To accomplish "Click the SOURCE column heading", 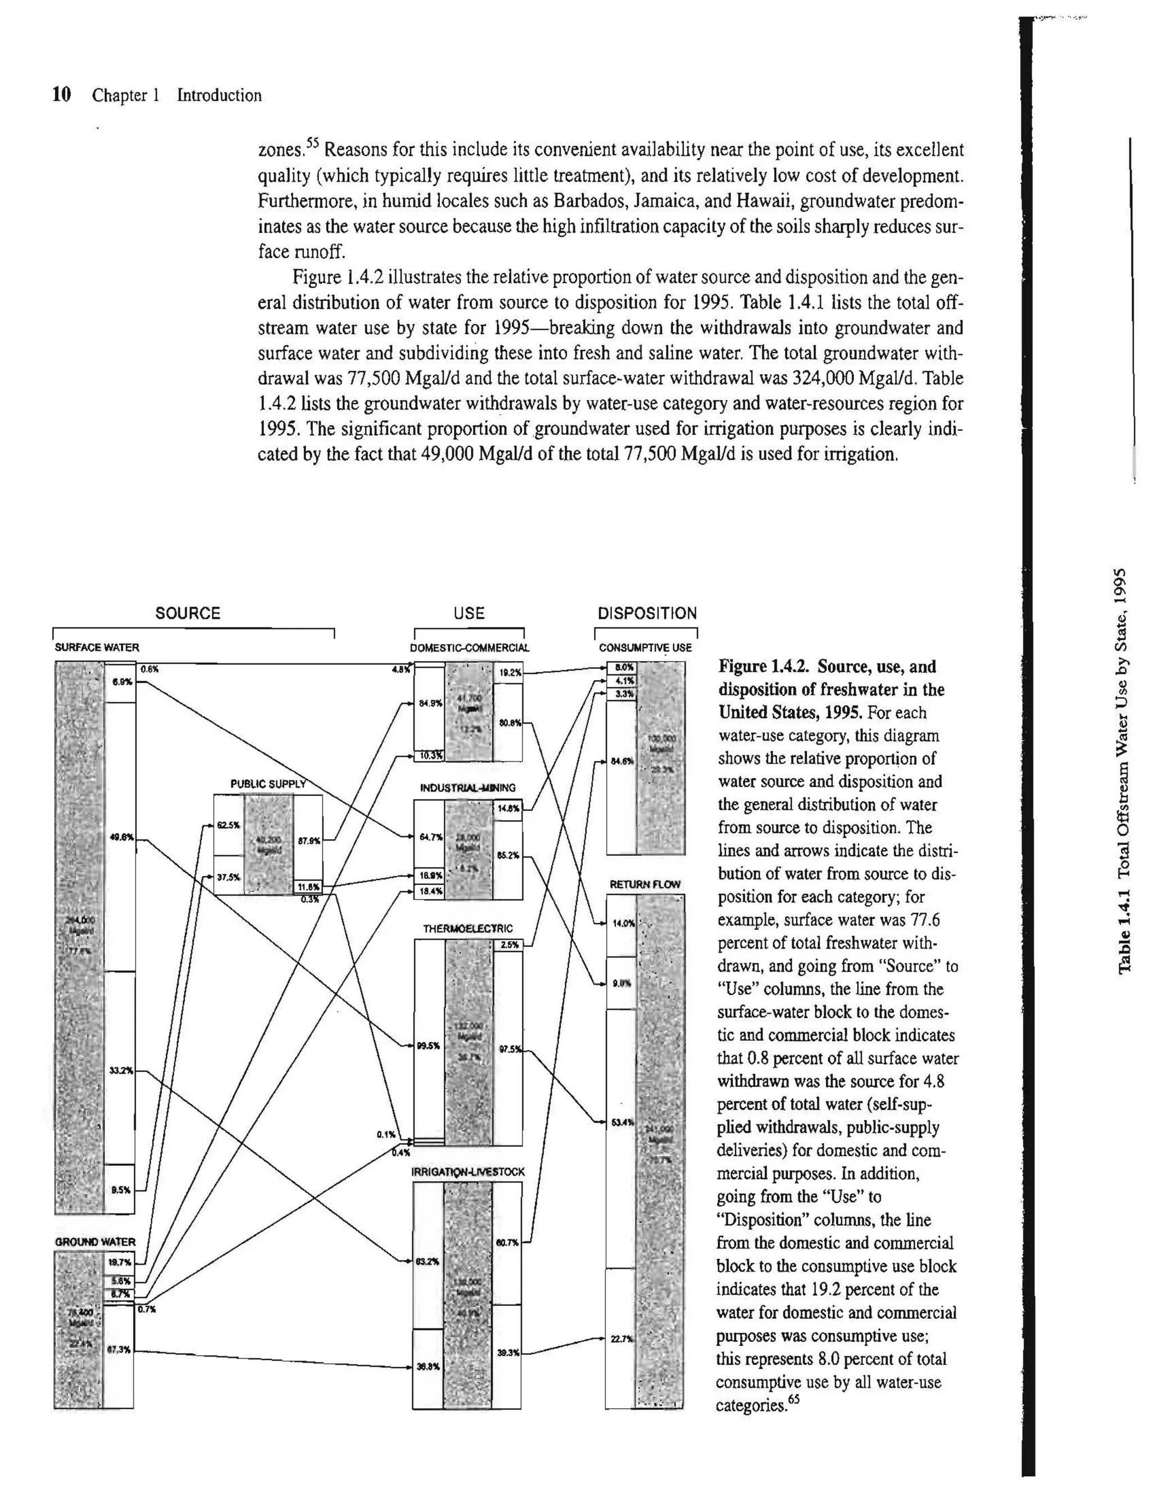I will tap(188, 613).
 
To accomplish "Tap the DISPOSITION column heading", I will tap(647, 613).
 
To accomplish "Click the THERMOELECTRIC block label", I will tap(468, 928).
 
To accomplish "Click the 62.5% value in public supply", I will tap(227, 825).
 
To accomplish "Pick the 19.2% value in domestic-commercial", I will tap(510, 673).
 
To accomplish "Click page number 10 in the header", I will tap(61, 95).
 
